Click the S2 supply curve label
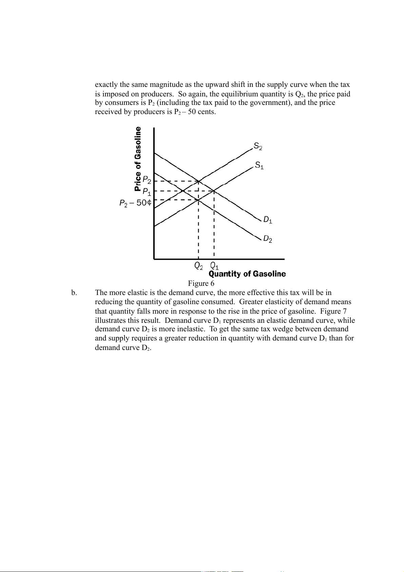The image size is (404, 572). tap(258, 147)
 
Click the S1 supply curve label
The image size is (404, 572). tap(259, 166)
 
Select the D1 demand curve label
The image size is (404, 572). tap(268, 220)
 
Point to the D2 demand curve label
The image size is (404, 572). tap(268, 239)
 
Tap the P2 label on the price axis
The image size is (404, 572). tap(147, 179)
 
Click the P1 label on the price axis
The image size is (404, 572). tap(147, 192)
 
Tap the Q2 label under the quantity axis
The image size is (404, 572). tap(198, 266)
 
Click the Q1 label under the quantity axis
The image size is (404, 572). tap(214, 266)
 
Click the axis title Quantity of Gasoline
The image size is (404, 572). tap(247, 274)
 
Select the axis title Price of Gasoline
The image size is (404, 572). tap(138, 159)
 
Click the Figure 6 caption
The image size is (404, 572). tap(201, 283)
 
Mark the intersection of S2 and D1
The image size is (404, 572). tap(198, 181)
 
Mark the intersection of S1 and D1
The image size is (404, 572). tap(214, 191)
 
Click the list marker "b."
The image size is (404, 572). tap(74, 293)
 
